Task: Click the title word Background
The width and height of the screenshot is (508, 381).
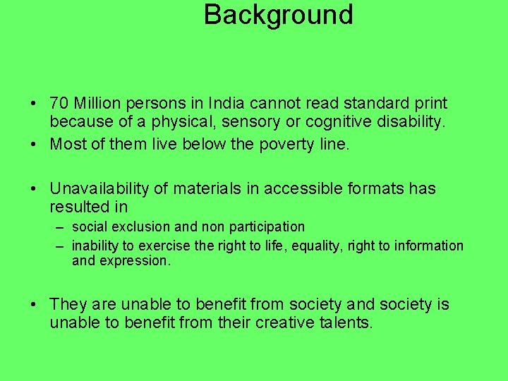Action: point(278,15)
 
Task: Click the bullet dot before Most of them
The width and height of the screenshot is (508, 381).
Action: point(34,144)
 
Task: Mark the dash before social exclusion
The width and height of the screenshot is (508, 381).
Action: point(59,227)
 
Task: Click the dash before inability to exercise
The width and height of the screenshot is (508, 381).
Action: point(59,246)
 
